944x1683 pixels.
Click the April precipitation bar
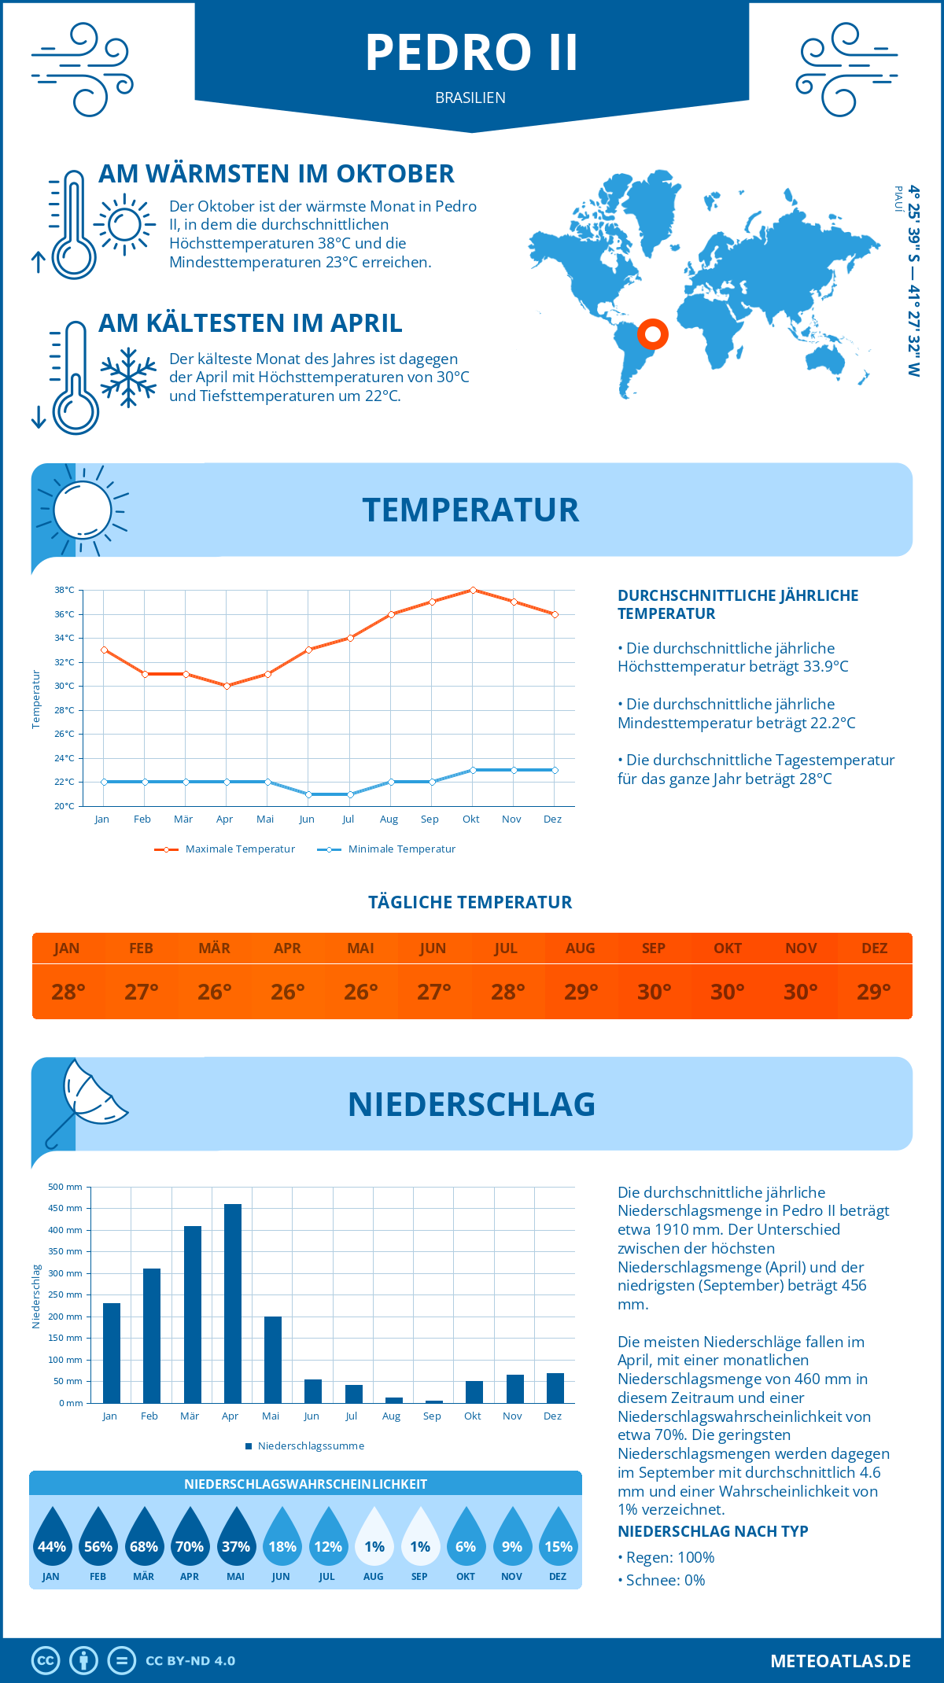(233, 1303)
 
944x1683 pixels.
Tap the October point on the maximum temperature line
(473, 590)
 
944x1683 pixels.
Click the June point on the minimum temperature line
(308, 794)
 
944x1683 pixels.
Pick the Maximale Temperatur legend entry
(225, 849)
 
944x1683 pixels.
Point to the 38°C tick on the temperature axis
(65, 590)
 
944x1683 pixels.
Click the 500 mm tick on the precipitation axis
(66, 1187)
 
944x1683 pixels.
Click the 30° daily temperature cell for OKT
(727, 992)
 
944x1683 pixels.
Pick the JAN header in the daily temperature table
(67, 948)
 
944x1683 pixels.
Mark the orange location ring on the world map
(653, 334)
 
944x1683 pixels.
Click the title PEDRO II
(471, 53)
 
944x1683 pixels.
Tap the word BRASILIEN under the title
(470, 98)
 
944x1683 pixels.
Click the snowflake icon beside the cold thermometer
(128, 377)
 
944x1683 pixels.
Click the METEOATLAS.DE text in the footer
(840, 1661)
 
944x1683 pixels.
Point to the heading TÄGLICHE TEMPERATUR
(470, 903)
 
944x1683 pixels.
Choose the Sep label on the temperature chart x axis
(430, 819)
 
